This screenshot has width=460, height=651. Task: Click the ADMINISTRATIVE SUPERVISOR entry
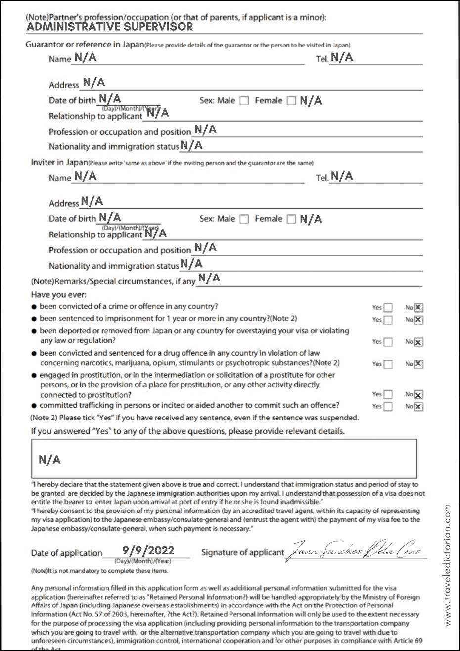(109, 27)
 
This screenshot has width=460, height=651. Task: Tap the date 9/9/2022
(148, 550)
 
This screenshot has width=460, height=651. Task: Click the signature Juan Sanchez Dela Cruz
(356, 550)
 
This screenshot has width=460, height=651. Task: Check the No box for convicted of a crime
(418, 308)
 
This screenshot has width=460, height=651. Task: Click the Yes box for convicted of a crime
(388, 308)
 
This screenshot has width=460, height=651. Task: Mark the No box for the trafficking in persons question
(418, 407)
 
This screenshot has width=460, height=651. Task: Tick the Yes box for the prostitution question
(388, 395)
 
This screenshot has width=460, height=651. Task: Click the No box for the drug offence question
(418, 364)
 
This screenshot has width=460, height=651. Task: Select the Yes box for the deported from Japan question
(388, 342)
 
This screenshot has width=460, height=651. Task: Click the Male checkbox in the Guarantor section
(244, 101)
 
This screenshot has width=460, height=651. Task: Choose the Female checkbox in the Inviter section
(291, 219)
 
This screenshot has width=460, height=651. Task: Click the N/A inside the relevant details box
(49, 460)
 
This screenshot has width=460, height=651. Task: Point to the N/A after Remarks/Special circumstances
(208, 279)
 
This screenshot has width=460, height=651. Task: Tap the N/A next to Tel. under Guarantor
(342, 57)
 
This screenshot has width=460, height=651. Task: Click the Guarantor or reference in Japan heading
(85, 45)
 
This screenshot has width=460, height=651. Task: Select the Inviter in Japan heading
(59, 163)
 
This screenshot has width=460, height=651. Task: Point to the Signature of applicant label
(242, 552)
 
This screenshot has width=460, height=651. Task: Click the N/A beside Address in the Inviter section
(92, 201)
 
